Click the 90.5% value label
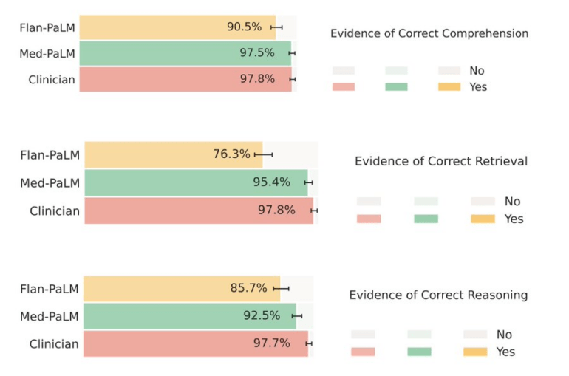[x=244, y=27]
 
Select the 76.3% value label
[x=231, y=154]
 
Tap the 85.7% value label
[x=248, y=288]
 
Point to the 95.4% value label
[x=271, y=182]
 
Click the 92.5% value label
[x=262, y=315]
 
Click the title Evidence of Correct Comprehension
[x=429, y=34]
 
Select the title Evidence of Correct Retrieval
[x=441, y=161]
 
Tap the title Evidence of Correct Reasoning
[x=438, y=295]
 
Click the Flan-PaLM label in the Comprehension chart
[x=47, y=27]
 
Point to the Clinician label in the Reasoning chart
[x=54, y=344]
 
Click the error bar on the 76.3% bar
[x=263, y=154]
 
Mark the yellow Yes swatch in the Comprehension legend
[x=449, y=87]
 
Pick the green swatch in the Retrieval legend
[x=426, y=219]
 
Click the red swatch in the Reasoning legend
[x=363, y=352]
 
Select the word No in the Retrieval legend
[x=512, y=201]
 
